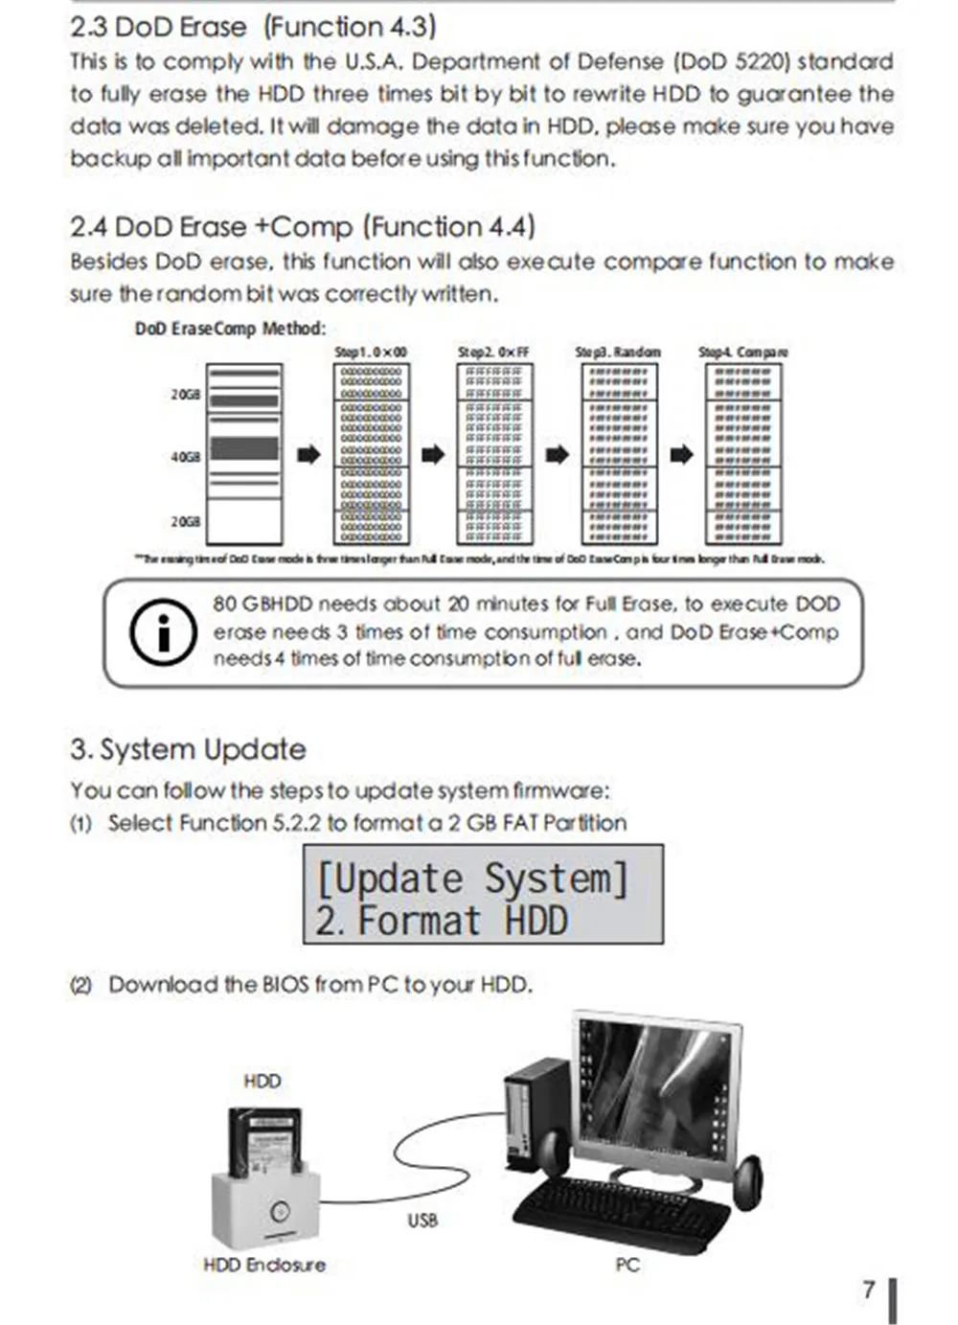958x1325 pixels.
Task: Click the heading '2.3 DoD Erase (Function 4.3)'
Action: (x=253, y=27)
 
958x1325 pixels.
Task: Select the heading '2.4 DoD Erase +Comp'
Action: (x=302, y=227)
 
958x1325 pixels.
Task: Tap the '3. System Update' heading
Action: (x=188, y=749)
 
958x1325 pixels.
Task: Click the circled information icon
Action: (x=163, y=632)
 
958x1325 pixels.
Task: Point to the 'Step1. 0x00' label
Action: (x=371, y=353)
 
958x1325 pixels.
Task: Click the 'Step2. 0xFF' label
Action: (x=493, y=353)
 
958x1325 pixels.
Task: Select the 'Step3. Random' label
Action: (x=618, y=353)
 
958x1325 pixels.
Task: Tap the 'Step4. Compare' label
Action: (x=743, y=353)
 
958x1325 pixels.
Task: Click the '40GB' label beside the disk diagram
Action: (x=186, y=457)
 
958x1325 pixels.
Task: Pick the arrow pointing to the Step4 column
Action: (x=681, y=454)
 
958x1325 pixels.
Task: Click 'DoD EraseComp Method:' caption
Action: (x=230, y=329)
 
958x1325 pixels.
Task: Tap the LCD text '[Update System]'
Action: (x=472, y=878)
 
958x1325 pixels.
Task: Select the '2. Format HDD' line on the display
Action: (x=442, y=921)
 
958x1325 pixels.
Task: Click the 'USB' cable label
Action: (x=422, y=1221)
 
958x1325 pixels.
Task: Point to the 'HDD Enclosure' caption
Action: (x=264, y=1265)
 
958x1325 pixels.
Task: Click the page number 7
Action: (x=869, y=1290)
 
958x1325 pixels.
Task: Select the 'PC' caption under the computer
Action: (x=627, y=1265)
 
